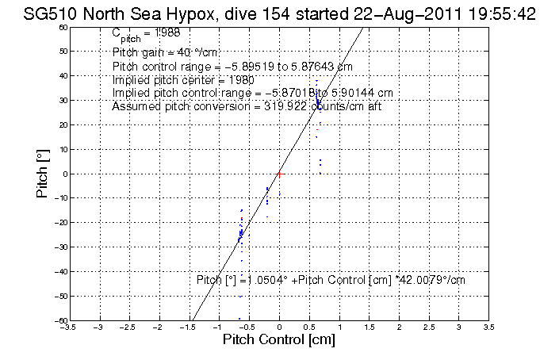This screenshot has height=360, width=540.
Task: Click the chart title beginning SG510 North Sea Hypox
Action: [270, 12]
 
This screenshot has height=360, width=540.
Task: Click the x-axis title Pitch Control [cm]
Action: [279, 340]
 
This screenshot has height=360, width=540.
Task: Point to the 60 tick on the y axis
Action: [62, 27]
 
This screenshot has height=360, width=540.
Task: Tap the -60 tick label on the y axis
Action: [62, 320]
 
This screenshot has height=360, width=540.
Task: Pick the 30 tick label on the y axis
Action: [63, 101]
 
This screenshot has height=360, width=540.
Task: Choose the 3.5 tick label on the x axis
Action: [488, 325]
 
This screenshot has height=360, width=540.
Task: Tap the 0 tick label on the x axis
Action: [279, 325]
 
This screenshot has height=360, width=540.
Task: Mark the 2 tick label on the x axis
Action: [399, 325]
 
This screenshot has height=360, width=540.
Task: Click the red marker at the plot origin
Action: [279, 173]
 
